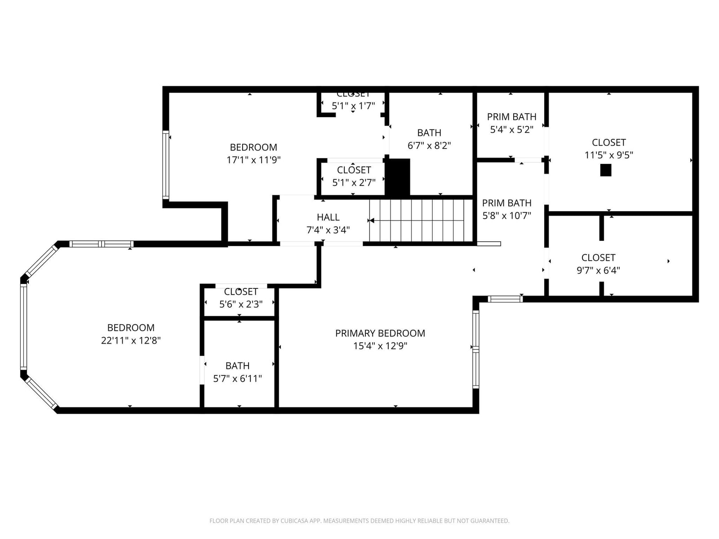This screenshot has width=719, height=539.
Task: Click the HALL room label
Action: pos(328,217)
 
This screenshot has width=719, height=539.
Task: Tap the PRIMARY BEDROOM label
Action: pos(380,333)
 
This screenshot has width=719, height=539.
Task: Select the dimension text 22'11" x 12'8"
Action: pos(131,340)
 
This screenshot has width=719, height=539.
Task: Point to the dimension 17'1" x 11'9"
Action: pos(253,160)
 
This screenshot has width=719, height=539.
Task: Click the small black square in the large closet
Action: pos(606,170)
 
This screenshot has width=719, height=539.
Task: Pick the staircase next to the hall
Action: pos(421,221)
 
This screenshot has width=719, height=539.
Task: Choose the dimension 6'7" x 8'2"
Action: pos(429,145)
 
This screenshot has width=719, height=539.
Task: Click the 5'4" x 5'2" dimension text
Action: pos(512,130)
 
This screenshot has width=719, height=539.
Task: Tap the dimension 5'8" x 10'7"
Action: pos(507,216)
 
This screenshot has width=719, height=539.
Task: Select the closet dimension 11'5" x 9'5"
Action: pos(609,155)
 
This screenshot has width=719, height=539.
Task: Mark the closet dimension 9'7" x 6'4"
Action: pos(598,270)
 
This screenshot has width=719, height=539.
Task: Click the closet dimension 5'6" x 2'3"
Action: pos(241,305)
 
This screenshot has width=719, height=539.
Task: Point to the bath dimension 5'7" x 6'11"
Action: pos(237,379)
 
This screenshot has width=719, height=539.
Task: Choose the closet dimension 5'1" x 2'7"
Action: pos(354,182)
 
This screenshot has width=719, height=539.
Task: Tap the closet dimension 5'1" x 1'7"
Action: pos(353,106)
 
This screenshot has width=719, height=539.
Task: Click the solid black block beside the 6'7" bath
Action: pos(397,177)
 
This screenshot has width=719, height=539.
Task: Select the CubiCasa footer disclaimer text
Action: pos(359,521)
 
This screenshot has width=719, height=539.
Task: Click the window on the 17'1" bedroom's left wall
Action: pos(166,165)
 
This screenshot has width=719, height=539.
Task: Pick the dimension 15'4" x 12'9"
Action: pos(380,346)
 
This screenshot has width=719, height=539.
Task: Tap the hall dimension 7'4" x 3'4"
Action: pos(328,230)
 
